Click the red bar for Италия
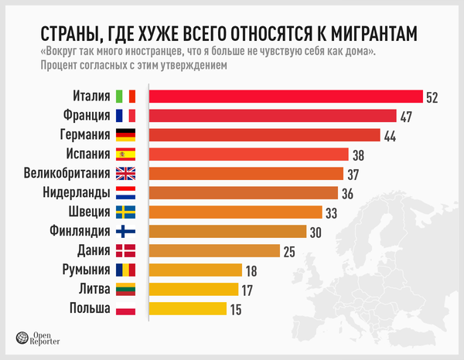[285, 97]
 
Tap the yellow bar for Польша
[187, 309]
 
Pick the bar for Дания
[213, 250]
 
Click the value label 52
[432, 97]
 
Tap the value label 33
[331, 212]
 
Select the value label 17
[247, 290]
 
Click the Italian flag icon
[125, 97]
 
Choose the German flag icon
[125, 135]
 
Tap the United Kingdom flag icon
[125, 174]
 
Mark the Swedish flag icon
[125, 212]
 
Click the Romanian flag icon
[125, 270]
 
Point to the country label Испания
[84, 155]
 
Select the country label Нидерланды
[73, 193]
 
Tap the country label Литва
[89, 289]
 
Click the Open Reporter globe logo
[22, 337]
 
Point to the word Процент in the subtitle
[57, 66]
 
